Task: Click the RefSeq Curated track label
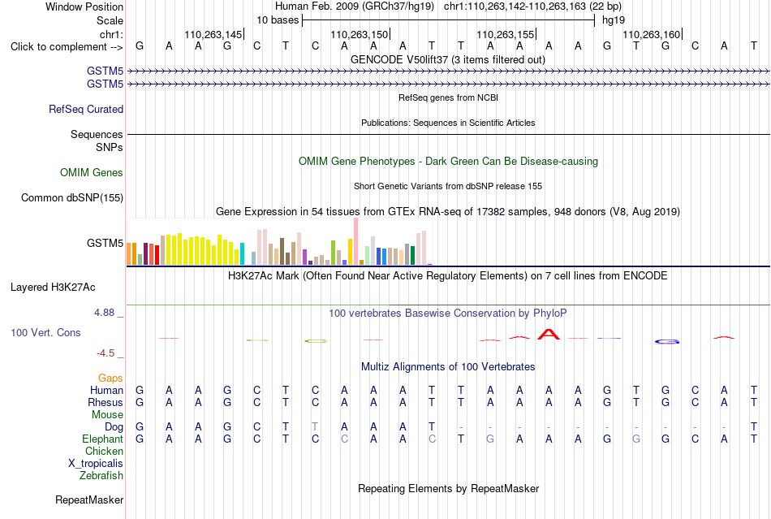click(x=86, y=109)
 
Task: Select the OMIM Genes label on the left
click(x=92, y=173)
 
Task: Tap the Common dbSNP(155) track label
click(x=72, y=197)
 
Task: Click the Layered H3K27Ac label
click(x=53, y=288)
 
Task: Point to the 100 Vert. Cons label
click(x=45, y=332)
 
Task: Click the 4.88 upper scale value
click(x=104, y=313)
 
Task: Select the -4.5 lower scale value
click(x=106, y=353)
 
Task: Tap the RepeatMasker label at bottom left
click(x=89, y=500)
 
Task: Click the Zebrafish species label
click(x=101, y=476)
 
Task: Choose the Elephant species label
click(x=103, y=439)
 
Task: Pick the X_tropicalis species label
click(x=96, y=464)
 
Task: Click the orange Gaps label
click(x=110, y=378)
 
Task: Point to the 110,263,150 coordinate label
click(x=360, y=34)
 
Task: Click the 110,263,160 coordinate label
click(x=652, y=34)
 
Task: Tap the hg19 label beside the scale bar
click(x=614, y=20)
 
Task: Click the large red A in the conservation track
click(x=549, y=335)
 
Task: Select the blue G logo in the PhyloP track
click(x=667, y=341)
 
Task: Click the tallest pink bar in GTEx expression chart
click(x=355, y=241)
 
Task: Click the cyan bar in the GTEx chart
click(x=242, y=254)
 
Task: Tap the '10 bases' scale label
click(x=278, y=20)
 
